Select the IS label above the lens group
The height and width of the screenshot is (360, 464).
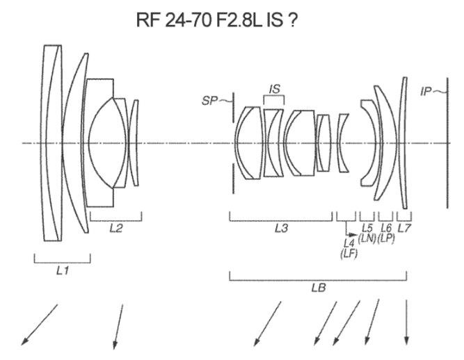click(274, 89)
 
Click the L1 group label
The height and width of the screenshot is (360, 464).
click(63, 270)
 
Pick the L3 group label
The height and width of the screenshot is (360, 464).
click(281, 229)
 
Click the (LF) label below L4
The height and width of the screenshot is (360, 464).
click(348, 254)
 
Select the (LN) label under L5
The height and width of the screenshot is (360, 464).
click(367, 238)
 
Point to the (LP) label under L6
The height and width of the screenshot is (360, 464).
click(386, 238)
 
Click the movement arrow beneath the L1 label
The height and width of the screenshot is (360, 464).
click(40, 323)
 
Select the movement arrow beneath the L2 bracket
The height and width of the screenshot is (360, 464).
click(118, 324)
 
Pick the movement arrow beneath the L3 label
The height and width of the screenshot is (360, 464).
click(267, 323)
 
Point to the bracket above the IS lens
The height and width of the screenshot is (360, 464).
click(274, 100)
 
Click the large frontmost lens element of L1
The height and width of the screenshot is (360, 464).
click(51, 143)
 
